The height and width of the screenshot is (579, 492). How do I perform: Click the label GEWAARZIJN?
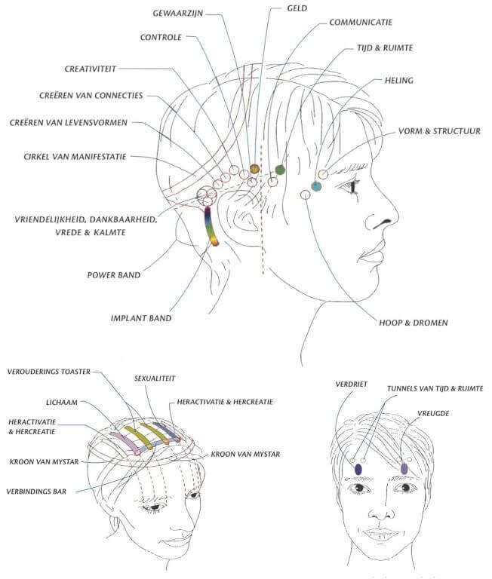178,14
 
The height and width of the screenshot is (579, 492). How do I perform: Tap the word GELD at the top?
297,8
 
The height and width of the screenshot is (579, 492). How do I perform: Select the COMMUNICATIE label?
361,22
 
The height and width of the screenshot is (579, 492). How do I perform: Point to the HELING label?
399,81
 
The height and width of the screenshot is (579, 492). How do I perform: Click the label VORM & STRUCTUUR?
439,131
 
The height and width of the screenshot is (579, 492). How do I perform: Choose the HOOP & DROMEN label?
414,323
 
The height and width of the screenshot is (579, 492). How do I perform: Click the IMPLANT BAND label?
141,318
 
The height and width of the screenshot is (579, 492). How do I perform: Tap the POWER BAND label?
114,275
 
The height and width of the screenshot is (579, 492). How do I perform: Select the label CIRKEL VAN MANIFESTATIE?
75,157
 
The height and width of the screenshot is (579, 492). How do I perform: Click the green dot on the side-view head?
280,170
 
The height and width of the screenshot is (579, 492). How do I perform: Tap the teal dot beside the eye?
316,186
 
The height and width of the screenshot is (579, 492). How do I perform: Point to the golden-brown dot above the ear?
255,169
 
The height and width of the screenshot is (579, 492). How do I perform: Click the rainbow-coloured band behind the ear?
211,226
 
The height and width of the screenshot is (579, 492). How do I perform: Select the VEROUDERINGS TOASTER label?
49,372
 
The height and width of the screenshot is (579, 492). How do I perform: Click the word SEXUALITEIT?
155,378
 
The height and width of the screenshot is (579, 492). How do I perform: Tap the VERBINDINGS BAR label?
36,492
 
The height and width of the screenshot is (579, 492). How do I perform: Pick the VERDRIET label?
352,384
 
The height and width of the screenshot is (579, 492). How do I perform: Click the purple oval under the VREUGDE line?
404,469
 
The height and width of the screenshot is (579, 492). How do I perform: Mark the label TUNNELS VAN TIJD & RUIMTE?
435,389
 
